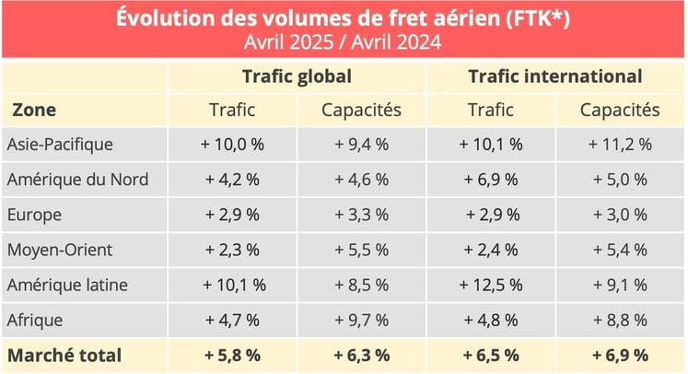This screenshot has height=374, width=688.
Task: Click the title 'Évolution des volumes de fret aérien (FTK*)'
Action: click(343, 18)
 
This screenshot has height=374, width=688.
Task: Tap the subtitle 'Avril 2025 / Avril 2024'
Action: click(343, 41)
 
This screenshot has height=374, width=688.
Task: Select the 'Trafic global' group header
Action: click(297, 76)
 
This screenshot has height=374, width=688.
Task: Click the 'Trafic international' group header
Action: click(554, 76)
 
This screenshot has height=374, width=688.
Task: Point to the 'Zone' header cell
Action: click(34, 111)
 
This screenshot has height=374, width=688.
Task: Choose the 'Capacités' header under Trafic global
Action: click(361, 111)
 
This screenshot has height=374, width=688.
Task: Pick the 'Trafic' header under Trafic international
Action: click(491, 111)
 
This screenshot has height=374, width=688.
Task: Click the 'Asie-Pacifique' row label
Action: click(60, 145)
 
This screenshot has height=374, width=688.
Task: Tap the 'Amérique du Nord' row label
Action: click(76, 180)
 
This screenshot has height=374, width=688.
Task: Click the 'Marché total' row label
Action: click(64, 355)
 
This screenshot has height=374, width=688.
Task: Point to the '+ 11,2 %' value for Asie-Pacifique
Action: click(620, 145)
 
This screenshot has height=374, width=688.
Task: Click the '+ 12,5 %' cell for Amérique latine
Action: click(491, 285)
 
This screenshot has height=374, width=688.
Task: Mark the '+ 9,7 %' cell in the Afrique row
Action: click(361, 320)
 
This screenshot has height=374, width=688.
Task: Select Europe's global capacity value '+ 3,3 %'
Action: click(361, 215)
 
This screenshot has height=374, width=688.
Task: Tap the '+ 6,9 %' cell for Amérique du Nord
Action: click(491, 180)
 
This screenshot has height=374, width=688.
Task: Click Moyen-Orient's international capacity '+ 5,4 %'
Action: click(620, 250)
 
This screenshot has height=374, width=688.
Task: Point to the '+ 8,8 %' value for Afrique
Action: click(620, 320)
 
